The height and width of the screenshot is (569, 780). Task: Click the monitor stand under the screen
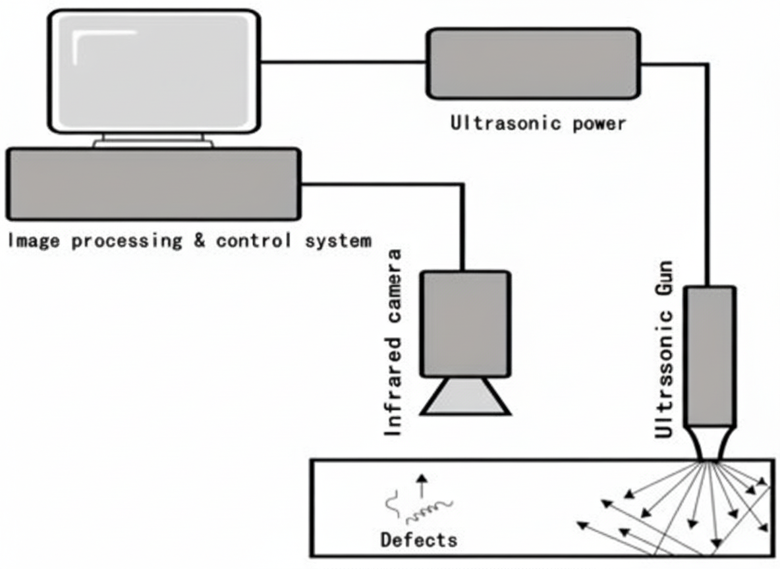(x=153, y=141)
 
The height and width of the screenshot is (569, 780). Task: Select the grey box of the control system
(x=153, y=184)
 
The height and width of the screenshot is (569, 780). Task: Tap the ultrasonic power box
(x=533, y=63)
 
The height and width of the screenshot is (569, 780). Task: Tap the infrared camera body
(x=465, y=323)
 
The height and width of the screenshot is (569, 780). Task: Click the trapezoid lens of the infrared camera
(x=466, y=396)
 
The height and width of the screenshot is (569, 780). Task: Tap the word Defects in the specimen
(x=418, y=541)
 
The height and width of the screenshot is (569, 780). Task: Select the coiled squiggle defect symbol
(x=429, y=509)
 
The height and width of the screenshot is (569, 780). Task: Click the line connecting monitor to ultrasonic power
(x=343, y=63)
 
